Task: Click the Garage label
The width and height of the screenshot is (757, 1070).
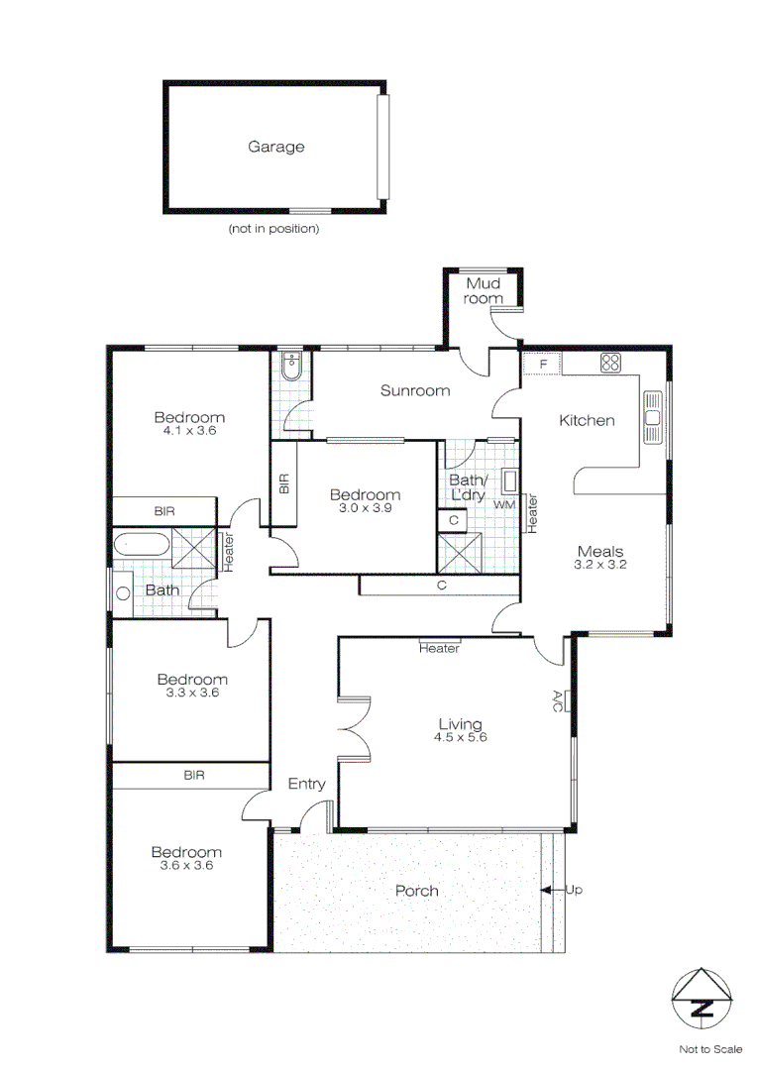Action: (275, 147)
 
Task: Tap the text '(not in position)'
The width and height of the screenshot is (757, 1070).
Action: (273, 229)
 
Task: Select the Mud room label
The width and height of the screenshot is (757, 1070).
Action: (486, 290)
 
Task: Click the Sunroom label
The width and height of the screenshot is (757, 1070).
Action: (415, 390)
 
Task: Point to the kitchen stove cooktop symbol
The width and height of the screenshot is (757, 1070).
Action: (609, 364)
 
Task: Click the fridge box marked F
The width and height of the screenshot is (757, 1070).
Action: (542, 364)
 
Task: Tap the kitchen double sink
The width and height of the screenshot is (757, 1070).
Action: (652, 417)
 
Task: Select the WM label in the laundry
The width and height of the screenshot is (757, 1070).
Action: (504, 504)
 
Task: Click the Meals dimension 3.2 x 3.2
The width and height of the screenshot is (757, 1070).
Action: (600, 565)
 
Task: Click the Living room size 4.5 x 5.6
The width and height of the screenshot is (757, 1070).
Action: (461, 737)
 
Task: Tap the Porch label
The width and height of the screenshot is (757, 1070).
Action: (416, 891)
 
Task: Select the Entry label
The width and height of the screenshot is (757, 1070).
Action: (306, 784)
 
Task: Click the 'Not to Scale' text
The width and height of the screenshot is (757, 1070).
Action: (709, 1048)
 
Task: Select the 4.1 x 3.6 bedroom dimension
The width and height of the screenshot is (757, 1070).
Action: (188, 431)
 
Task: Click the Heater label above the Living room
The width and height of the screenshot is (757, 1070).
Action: (439, 649)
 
